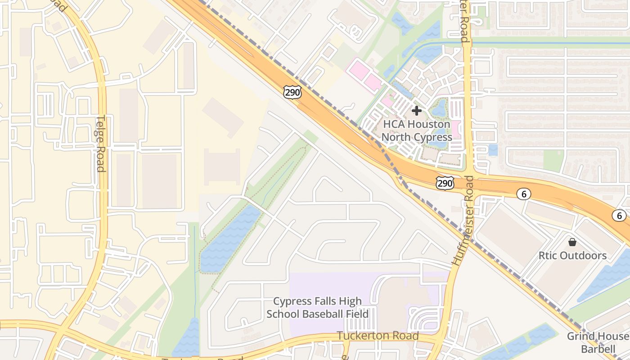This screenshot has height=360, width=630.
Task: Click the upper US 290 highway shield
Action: (292, 92)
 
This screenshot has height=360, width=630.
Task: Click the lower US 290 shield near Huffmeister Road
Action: (445, 183)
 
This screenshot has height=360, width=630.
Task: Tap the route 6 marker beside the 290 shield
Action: (523, 194)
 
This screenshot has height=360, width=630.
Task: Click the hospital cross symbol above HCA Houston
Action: (417, 110)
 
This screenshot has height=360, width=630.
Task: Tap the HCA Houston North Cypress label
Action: (417, 130)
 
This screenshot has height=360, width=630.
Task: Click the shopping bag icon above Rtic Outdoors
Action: (572, 242)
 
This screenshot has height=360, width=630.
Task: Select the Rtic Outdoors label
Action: (572, 256)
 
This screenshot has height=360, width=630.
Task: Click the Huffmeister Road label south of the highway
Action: (463, 220)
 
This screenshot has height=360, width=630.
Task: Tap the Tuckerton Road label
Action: (378, 336)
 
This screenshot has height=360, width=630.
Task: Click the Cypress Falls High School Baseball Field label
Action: (318, 307)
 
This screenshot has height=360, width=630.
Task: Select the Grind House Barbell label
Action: (598, 342)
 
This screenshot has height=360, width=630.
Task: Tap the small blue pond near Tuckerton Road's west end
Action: (186, 340)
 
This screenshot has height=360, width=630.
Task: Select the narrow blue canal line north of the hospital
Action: (540, 44)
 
